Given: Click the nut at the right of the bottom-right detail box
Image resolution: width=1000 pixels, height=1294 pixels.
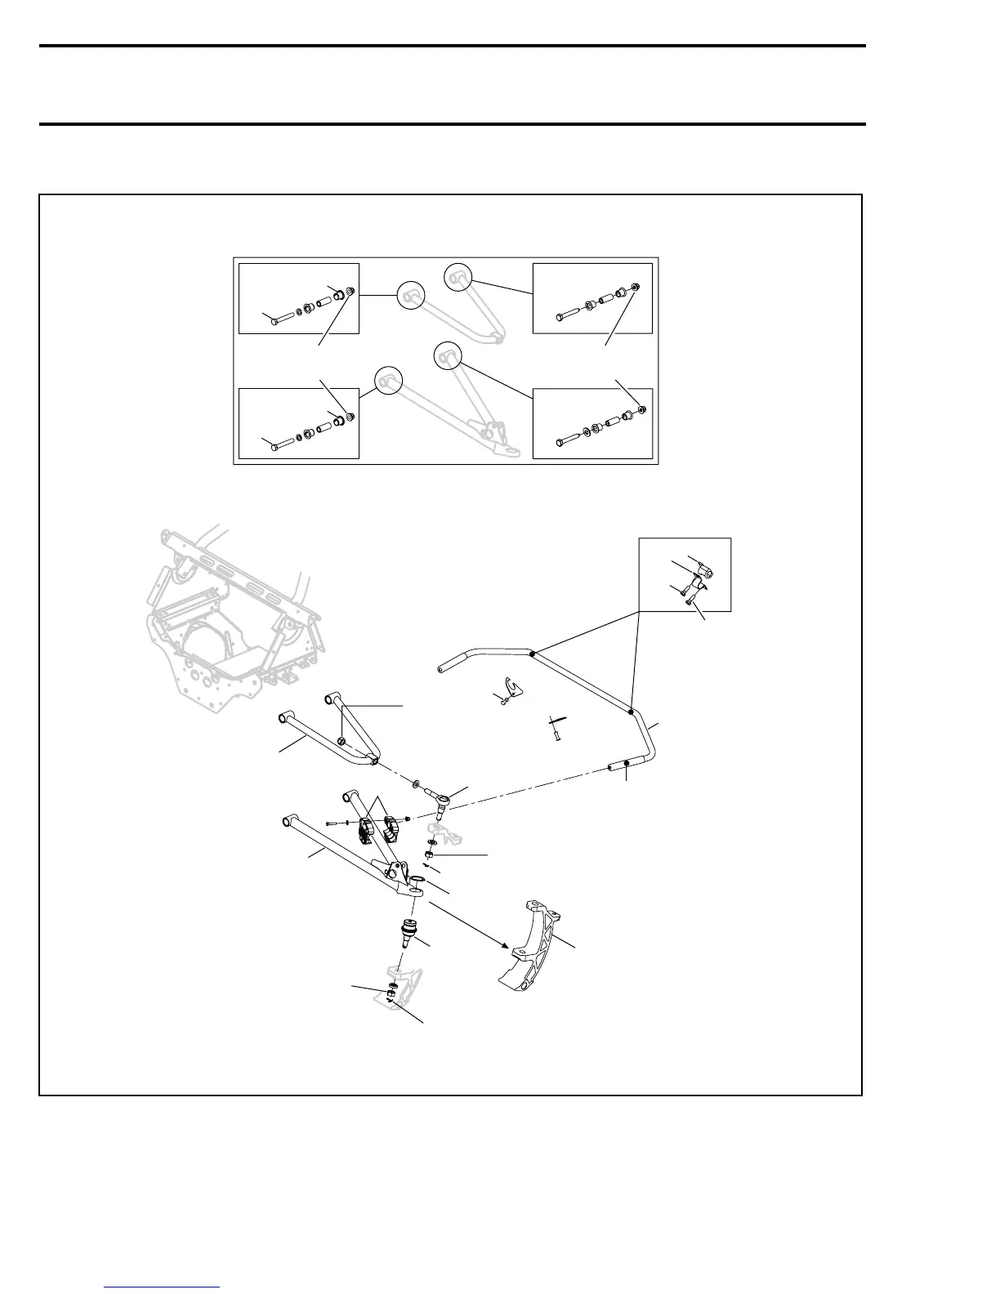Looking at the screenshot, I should coord(642,408).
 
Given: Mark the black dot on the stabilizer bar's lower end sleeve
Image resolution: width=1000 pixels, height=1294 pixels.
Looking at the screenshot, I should coord(626,764).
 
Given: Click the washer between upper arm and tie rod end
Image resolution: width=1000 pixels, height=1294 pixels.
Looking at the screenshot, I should coord(417,784).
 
